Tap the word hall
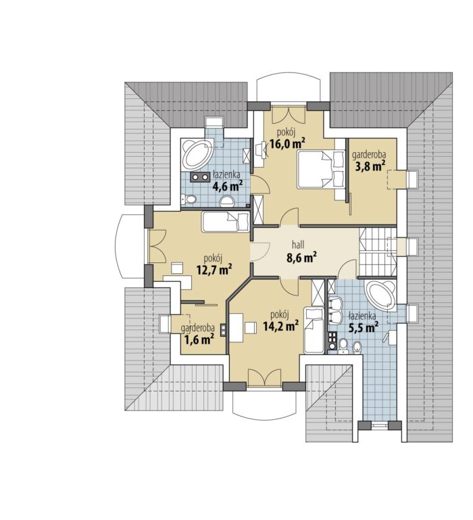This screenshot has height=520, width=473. (x=298, y=245)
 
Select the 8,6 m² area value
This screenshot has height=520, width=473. (x=301, y=257)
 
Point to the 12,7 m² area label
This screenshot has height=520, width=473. (x=214, y=270)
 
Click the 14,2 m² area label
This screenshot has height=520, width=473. (x=280, y=326)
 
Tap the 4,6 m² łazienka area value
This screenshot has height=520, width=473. (x=228, y=186)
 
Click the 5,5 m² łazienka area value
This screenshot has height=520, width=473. (x=364, y=327)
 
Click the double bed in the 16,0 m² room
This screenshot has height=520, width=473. (x=321, y=170)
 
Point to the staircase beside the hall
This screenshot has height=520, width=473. (x=378, y=252)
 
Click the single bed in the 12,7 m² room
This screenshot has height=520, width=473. (x=226, y=222)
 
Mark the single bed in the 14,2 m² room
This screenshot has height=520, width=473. (x=314, y=330)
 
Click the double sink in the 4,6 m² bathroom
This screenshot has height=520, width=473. (x=200, y=177)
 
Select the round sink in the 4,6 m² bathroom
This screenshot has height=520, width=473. (x=227, y=202)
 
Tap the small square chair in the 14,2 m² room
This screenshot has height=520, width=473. (x=251, y=328)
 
